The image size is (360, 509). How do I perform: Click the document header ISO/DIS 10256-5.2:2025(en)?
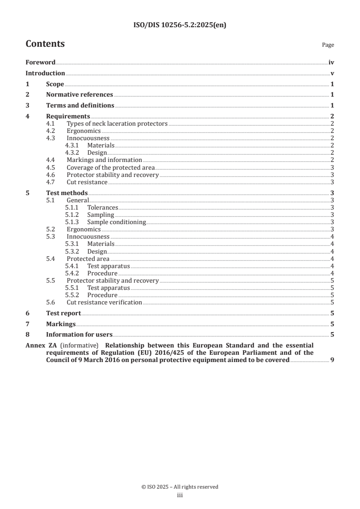180,25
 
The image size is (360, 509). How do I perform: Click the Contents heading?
45,44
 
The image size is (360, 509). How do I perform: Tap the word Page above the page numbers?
328,45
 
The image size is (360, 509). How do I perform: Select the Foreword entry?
40,63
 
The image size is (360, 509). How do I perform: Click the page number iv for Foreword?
331,63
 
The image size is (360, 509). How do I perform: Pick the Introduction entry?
45,73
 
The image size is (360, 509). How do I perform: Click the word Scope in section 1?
55,84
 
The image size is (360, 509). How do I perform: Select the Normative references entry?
79,94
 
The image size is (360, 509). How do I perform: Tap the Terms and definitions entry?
80,105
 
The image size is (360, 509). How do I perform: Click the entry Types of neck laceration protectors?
117,123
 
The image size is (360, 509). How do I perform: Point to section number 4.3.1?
73,145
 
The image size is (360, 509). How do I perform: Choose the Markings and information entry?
104,160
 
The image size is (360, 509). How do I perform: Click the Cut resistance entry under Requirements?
87,182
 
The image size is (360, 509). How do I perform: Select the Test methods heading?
67,193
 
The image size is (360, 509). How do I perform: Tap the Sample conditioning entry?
117,222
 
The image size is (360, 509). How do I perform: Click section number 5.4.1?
73,266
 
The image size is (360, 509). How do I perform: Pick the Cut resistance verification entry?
104,302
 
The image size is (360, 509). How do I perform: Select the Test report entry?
64,313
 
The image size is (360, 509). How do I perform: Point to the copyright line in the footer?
180,487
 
